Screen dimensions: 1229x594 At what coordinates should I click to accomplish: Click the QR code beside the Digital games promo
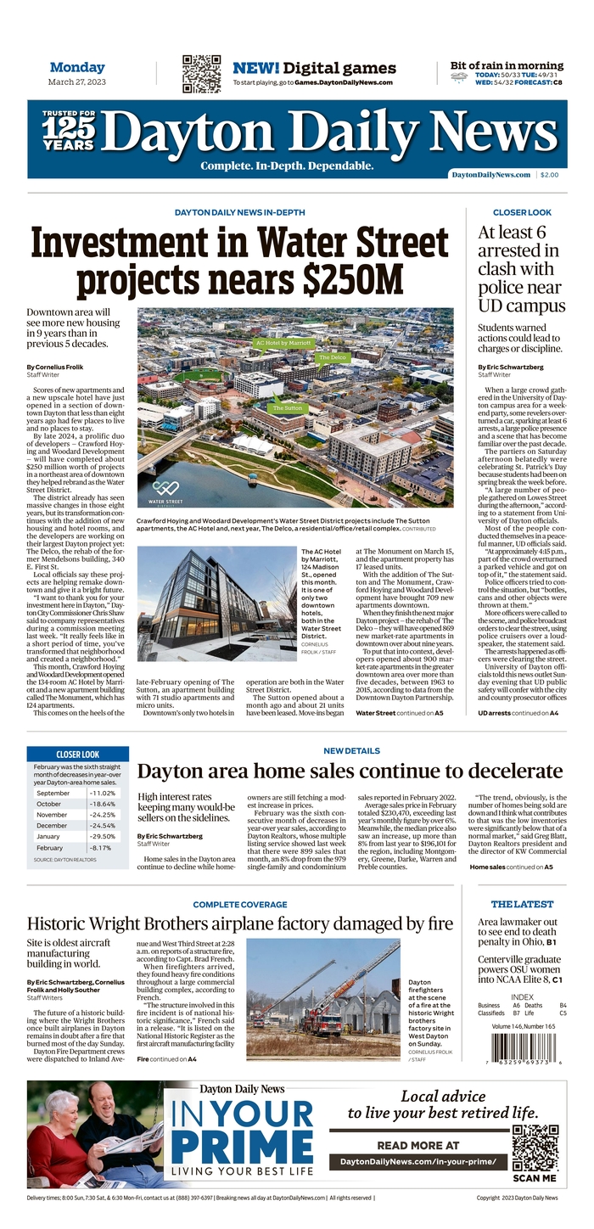click(x=201, y=74)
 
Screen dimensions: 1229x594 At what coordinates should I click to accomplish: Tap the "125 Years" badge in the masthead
click(x=69, y=132)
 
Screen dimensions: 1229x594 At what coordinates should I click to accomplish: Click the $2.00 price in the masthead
click(x=549, y=175)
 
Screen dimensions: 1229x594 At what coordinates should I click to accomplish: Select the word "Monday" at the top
click(x=77, y=67)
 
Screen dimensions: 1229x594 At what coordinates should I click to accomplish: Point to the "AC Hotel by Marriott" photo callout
click(x=283, y=344)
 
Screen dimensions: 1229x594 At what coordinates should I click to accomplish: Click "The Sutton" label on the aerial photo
click(x=288, y=408)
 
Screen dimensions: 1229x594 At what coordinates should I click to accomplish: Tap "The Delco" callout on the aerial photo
click(x=333, y=358)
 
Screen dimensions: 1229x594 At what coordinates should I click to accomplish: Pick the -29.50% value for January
click(x=102, y=836)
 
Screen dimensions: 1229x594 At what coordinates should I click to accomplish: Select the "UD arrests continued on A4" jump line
click(x=518, y=714)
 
